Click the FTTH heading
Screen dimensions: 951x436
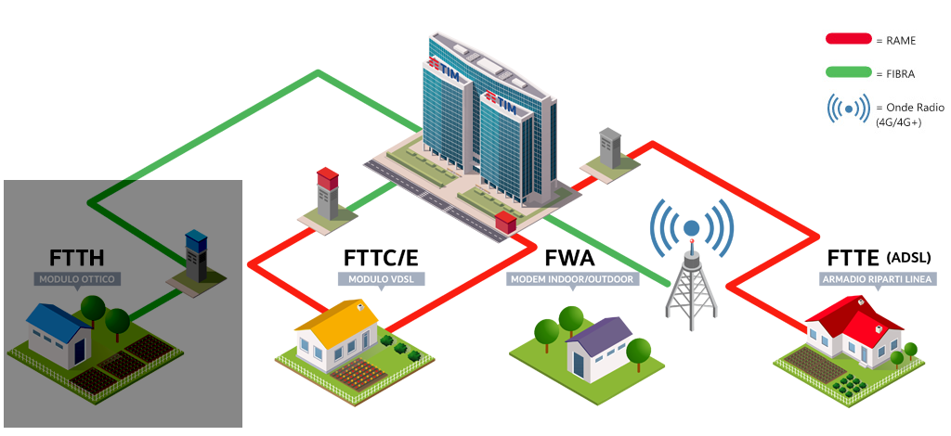tap(77, 257)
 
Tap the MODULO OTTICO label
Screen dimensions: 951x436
tap(77, 279)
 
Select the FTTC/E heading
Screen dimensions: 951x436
tap(381, 257)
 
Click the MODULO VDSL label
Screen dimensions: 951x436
tap(381, 279)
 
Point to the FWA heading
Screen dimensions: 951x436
tap(569, 257)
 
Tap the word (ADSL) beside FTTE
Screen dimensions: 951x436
tap(908, 257)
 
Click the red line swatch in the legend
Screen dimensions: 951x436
tap(849, 40)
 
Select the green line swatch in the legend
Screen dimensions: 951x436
tap(849, 73)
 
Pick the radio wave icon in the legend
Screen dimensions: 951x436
tap(849, 109)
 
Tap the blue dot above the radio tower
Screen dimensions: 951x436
tap(691, 227)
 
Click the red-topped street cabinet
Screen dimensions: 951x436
tap(328, 194)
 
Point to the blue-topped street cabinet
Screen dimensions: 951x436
tap(196, 255)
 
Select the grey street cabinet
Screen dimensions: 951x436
tap(609, 147)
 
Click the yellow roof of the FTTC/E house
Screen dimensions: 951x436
tap(336, 321)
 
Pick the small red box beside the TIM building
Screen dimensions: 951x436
tap(505, 223)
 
